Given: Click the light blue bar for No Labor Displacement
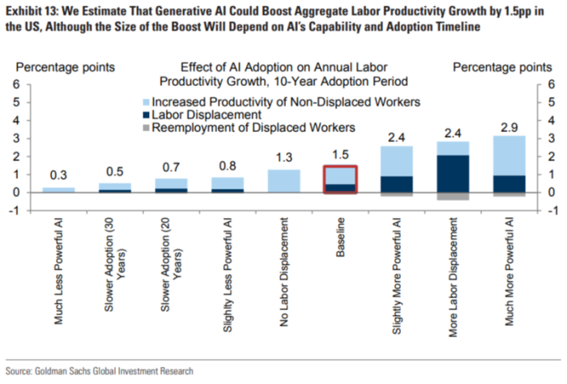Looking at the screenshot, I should click(283, 181).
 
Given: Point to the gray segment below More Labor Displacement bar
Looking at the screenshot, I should click(452, 196).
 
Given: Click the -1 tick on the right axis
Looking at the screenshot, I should click(550, 211).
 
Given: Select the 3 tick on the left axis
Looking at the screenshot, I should click(16, 139).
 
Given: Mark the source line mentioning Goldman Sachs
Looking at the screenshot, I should click(100, 370).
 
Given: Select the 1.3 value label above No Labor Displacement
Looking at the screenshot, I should click(283, 157).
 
